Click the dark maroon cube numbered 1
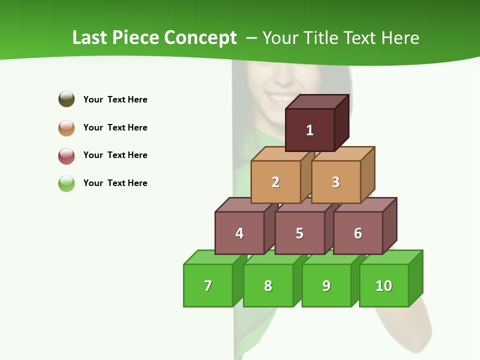[x=310, y=130]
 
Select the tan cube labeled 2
[x=275, y=182]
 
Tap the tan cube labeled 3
[x=335, y=182]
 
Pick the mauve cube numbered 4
[x=239, y=233]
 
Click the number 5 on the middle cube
[x=299, y=233]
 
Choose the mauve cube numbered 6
[x=358, y=233]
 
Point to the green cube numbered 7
[x=208, y=285]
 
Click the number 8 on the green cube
[x=268, y=285]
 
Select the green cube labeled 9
[x=326, y=285]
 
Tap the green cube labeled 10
[x=384, y=285]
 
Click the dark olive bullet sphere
[x=66, y=99]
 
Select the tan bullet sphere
[x=66, y=127]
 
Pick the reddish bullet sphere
[x=66, y=155]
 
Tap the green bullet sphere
[x=66, y=183]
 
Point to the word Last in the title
[x=89, y=38]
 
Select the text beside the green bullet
[x=115, y=183]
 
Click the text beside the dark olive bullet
[x=115, y=99]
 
